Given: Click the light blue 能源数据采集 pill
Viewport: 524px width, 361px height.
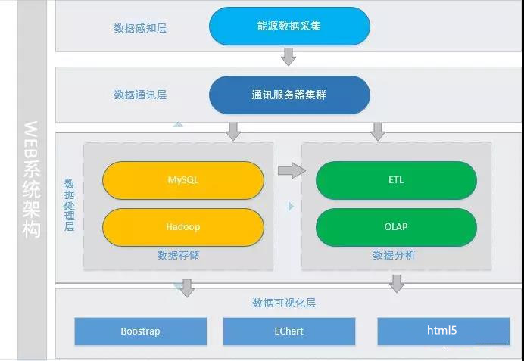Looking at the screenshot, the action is pos(289,26).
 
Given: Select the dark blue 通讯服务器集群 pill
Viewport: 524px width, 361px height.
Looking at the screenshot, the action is pos(289,95).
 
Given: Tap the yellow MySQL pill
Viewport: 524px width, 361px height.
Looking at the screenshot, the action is pos(183,180).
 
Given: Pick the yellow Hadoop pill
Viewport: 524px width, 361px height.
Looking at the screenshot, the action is pos(183,227).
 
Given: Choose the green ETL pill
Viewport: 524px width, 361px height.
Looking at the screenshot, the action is pos(396,180).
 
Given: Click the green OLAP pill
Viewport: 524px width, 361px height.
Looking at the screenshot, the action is pos(396,227).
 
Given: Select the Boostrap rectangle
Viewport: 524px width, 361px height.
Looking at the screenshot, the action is pos(141,331).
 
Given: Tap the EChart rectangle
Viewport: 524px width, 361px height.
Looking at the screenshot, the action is pos(289,331).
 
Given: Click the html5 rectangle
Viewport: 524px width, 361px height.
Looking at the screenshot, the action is pos(444,331).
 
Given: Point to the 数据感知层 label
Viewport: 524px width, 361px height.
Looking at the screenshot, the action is pos(140,28).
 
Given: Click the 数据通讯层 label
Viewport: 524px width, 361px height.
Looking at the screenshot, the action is pos(140,95).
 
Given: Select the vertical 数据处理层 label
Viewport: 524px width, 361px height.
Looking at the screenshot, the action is pos(69,205).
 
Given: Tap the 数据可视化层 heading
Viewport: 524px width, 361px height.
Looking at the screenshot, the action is pos(284,303).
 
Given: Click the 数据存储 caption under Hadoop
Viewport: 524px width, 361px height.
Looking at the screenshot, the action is pos(178,255).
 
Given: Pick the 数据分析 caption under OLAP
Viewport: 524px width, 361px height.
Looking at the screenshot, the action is pos(394,255).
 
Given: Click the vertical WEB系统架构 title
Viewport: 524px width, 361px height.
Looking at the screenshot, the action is pos(32,179).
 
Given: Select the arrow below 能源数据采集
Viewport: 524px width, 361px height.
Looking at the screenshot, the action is pos(288,57).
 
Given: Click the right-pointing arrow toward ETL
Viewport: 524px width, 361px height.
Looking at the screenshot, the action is pos(292,170).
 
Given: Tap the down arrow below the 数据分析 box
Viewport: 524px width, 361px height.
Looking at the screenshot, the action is pos(397,284).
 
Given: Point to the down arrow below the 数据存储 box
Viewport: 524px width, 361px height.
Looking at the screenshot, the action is pos(187,288).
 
